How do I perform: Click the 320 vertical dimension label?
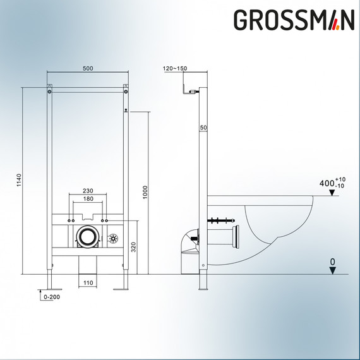click(133, 247)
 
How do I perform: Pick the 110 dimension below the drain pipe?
click(88, 284)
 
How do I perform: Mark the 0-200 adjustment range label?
click(52, 296)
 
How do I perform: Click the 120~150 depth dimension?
click(174, 68)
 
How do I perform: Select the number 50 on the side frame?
click(204, 128)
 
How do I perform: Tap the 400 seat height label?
click(326, 184)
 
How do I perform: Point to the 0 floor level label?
click(333, 260)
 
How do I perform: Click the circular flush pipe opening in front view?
click(87, 237)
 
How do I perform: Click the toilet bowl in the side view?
click(278, 227)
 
